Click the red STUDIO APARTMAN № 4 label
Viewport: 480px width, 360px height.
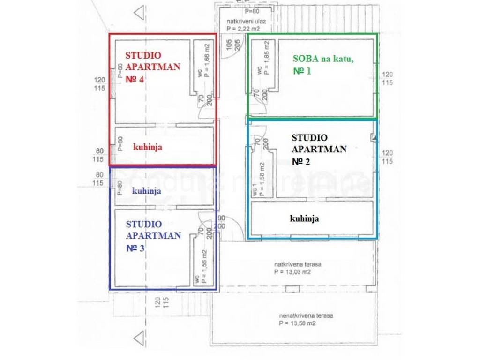click(x=152, y=67)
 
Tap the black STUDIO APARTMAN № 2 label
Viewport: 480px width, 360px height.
click(x=319, y=150)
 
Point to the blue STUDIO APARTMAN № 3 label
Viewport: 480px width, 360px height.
click(x=153, y=236)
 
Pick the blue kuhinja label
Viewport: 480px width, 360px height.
click(x=147, y=191)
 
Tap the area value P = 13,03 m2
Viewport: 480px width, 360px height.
click(x=293, y=272)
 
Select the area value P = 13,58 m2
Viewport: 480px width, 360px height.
click(x=297, y=323)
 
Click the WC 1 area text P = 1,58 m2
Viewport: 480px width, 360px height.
click(x=262, y=179)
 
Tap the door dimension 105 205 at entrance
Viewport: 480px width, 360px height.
click(x=233, y=45)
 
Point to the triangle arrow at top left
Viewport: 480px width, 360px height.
click(x=138, y=13)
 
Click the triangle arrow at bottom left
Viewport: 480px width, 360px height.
click(x=138, y=338)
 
